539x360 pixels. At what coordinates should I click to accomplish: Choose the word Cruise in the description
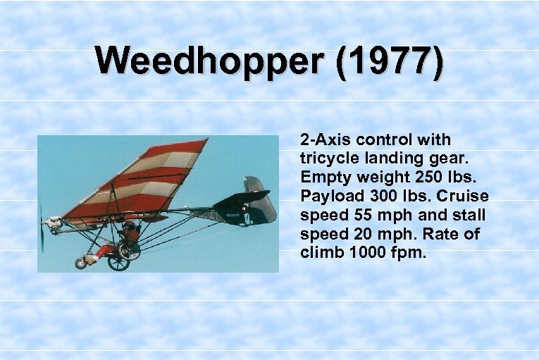click(x=465, y=194)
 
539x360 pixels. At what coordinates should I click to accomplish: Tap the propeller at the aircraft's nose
click(x=42, y=227)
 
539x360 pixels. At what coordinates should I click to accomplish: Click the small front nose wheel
click(x=81, y=263)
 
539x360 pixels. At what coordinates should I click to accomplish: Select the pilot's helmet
click(x=128, y=227)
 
